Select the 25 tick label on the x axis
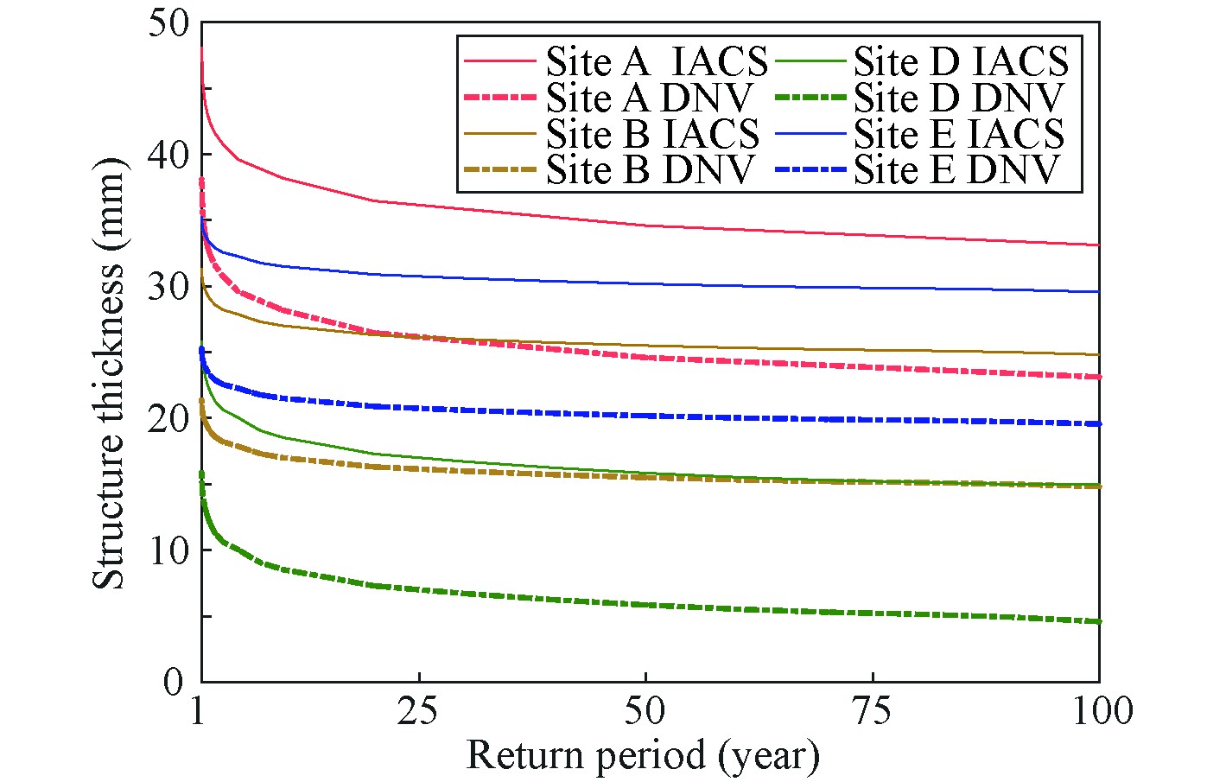419,711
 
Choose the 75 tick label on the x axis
873,711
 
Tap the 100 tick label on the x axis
1099,711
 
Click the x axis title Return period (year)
643,755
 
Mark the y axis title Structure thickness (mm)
109,373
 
